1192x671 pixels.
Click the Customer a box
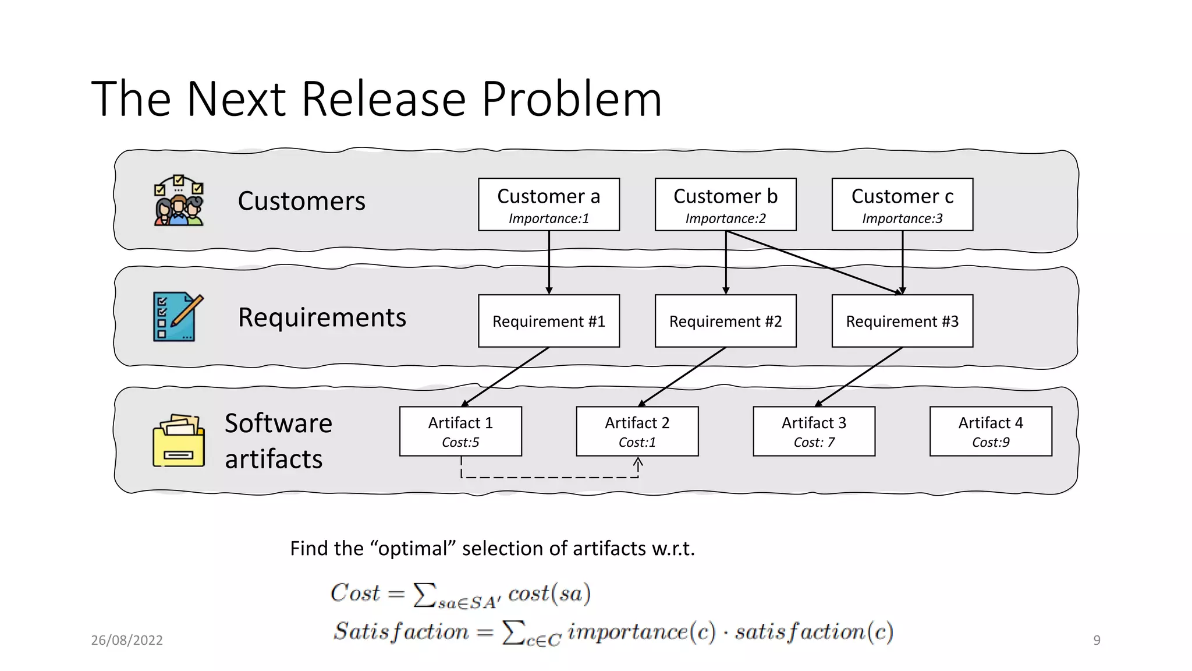tap(549, 204)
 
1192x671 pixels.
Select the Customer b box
tap(725, 204)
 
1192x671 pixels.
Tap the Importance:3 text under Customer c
tap(902, 218)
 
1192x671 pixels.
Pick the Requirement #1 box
tap(549, 321)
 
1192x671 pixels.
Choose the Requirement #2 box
tap(725, 321)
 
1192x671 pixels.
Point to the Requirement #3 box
tap(902, 321)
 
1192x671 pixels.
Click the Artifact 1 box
tap(460, 431)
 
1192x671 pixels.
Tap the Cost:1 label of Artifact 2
tap(637, 443)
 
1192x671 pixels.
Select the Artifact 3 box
tap(814, 431)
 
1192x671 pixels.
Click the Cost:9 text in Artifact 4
tap(991, 443)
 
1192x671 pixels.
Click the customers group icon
tap(179, 200)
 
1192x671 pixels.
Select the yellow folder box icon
tap(179, 441)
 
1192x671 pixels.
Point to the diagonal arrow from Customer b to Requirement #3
tap(815, 263)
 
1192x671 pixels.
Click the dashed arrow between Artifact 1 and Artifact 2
tap(549, 478)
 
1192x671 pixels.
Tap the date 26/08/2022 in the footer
tap(127, 640)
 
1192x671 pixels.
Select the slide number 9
tap(1097, 640)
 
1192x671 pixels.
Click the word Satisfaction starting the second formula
tap(401, 632)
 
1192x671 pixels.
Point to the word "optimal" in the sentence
tap(413, 549)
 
